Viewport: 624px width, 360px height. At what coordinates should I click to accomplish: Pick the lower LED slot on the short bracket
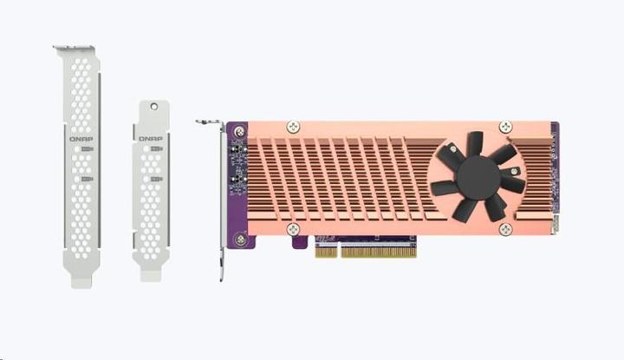click(156, 180)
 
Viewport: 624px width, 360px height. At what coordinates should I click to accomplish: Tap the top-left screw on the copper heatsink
click(292, 127)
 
